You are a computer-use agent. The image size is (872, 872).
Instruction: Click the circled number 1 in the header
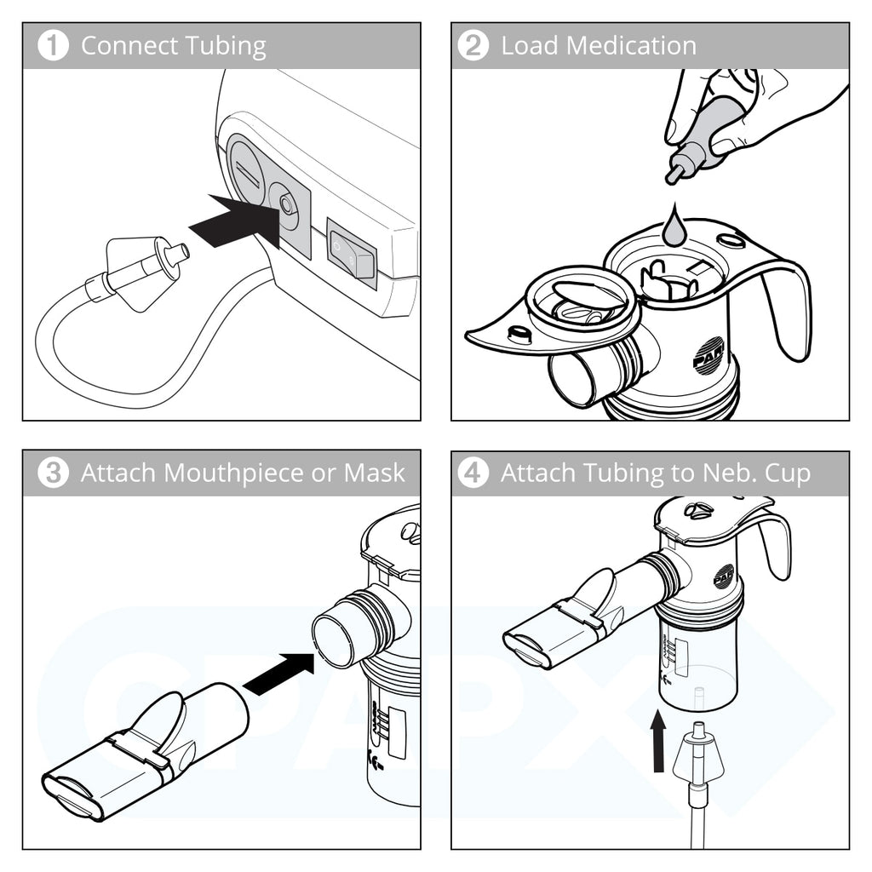pyautogui.click(x=53, y=46)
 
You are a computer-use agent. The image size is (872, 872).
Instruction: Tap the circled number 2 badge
pyautogui.click(x=472, y=46)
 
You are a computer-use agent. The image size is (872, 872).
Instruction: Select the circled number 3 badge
pyautogui.click(x=53, y=473)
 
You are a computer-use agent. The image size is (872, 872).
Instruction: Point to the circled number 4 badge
pyautogui.click(x=472, y=473)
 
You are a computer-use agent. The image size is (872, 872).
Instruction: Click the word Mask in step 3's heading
pyautogui.click(x=375, y=473)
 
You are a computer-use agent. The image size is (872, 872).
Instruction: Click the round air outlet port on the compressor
pyautogui.click(x=285, y=205)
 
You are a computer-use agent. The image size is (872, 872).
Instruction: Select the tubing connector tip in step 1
pyautogui.click(x=177, y=253)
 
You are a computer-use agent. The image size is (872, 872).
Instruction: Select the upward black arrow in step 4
pyautogui.click(x=658, y=742)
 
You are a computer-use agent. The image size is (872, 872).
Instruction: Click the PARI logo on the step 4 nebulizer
pyautogui.click(x=724, y=577)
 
